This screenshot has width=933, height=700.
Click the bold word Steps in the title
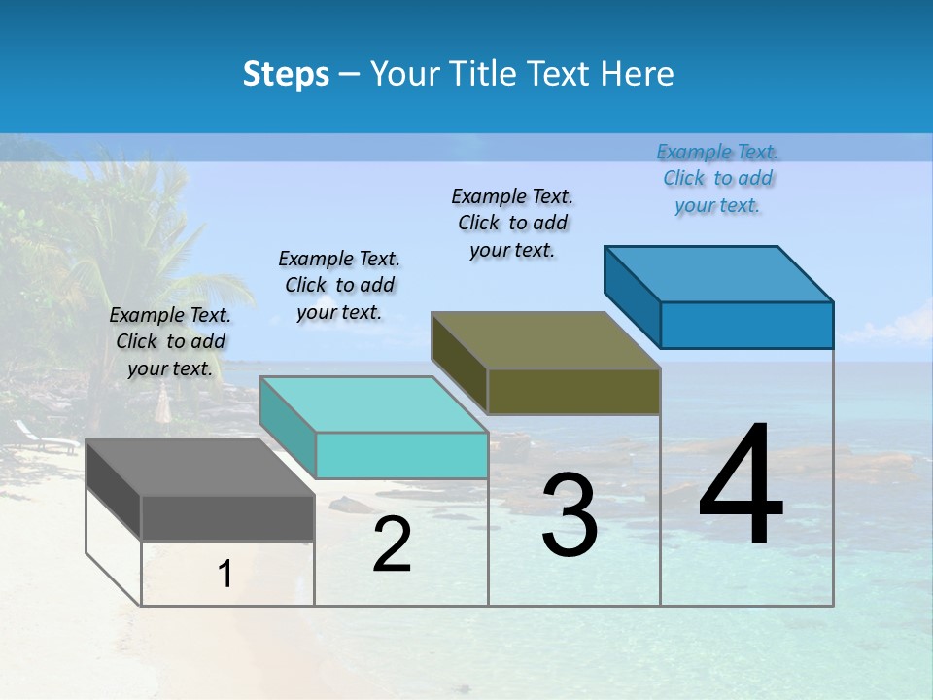286,74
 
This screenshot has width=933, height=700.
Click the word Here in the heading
638,74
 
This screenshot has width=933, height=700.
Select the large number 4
741,486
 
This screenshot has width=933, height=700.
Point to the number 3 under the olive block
570,515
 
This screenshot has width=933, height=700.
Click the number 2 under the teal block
392,544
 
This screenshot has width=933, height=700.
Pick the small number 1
225,575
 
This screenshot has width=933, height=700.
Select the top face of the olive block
545,340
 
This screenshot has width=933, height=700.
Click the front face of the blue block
746,325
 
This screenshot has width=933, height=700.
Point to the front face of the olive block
573,391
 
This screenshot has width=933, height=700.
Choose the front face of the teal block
401,455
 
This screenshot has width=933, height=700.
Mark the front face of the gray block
227,517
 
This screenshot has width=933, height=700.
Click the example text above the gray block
170,341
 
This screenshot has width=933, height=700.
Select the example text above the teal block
339,285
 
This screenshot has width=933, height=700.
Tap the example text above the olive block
512,223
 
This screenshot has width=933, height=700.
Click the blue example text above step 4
717,178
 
